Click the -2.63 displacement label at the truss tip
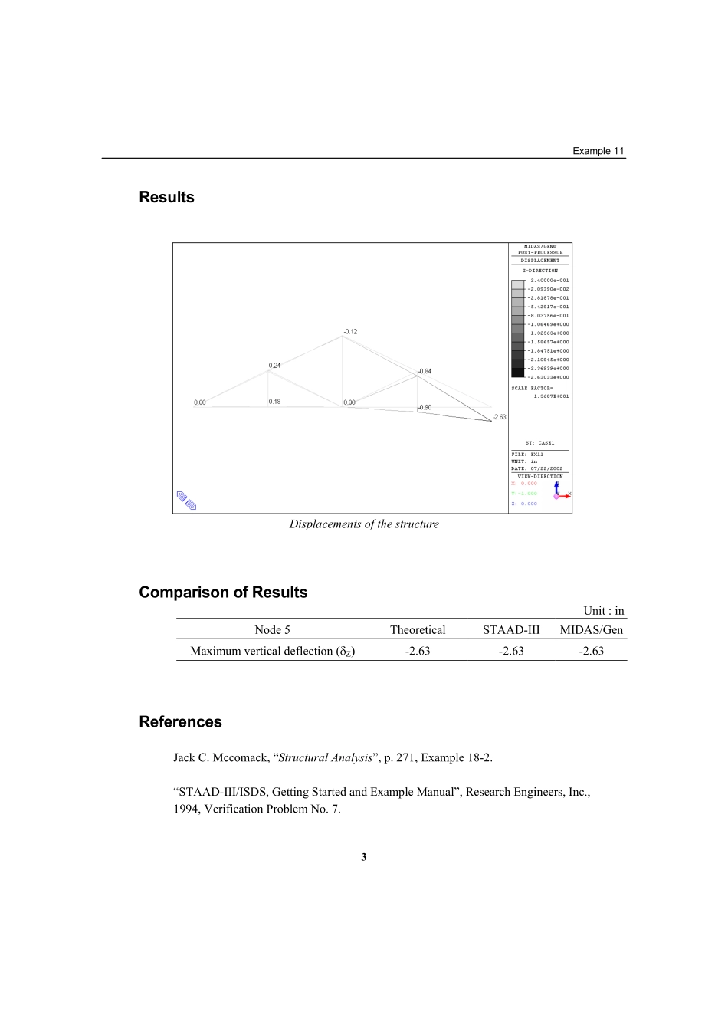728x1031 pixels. click(x=500, y=417)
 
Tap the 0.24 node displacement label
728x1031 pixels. click(x=274, y=366)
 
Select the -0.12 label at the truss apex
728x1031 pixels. click(x=350, y=332)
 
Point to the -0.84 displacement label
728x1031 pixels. click(x=425, y=371)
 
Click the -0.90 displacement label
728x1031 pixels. click(x=425, y=408)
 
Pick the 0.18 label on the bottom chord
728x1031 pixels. click(x=274, y=402)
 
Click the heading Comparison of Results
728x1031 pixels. click(x=223, y=593)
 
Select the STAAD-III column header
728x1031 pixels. click(x=511, y=630)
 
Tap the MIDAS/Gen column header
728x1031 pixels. click(x=592, y=630)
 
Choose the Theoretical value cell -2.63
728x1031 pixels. click(x=418, y=651)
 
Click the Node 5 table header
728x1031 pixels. click(x=272, y=630)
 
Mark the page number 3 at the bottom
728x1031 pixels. click(x=364, y=857)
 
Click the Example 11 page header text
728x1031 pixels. click(x=598, y=151)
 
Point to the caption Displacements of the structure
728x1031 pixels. click(x=364, y=524)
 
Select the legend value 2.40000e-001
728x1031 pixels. click(x=549, y=281)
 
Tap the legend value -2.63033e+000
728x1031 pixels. click(x=549, y=377)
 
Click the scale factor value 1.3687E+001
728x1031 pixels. click(x=551, y=396)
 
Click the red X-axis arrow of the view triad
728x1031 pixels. click(x=565, y=497)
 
